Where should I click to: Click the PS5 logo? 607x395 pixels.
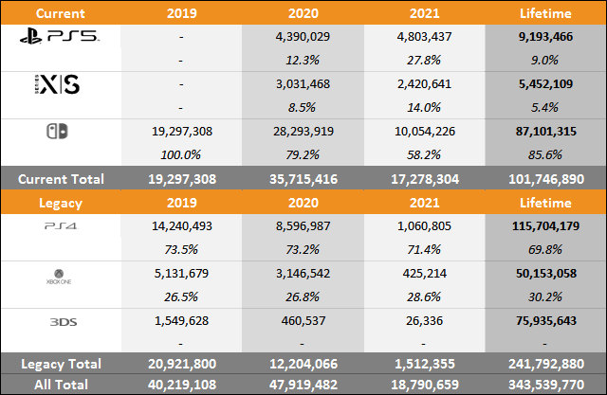click(61, 38)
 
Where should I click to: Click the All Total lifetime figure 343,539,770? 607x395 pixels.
click(543, 384)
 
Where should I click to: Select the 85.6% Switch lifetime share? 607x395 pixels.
click(543, 153)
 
